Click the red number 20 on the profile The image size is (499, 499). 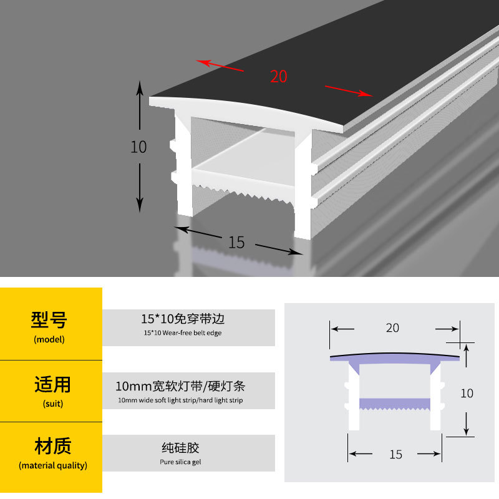click(279, 77)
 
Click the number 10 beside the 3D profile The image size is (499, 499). click(138, 147)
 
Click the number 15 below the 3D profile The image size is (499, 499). click(236, 243)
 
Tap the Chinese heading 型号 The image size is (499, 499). click(49, 320)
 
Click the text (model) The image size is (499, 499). click(49, 340)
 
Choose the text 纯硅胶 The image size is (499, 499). click(180, 448)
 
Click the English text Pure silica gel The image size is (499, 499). click(180, 462)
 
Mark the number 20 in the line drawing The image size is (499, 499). click(392, 328)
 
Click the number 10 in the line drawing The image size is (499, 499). click(467, 394)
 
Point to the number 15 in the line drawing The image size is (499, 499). click(395, 455)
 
